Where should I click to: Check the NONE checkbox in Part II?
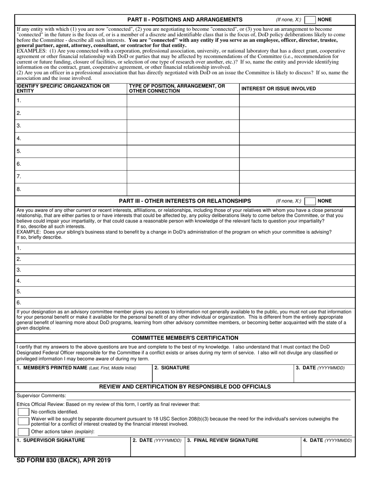[310, 20]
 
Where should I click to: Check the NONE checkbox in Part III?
[310, 201]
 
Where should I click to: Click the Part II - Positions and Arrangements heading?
[185, 20]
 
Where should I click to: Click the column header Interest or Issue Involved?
[278, 89]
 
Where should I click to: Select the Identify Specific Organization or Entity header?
[63, 88]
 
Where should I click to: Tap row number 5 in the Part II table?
[19, 151]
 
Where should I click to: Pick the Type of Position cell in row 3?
[183, 126]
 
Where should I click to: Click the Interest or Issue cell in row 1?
[297, 100]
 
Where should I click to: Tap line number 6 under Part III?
[19, 303]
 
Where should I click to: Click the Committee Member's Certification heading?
[185, 338]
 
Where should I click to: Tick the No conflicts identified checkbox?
[24, 412]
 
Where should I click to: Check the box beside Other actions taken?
[24, 431]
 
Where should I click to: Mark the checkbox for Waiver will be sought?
[24, 421]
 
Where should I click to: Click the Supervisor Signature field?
[72, 449]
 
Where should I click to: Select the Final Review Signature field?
[243, 449]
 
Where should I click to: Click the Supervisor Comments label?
[41, 396]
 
